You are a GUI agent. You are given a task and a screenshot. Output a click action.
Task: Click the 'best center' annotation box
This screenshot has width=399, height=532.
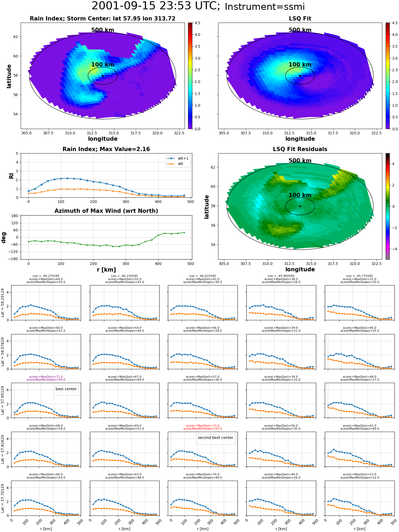point(66,390)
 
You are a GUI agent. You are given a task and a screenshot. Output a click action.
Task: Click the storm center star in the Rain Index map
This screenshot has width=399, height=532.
point(103,76)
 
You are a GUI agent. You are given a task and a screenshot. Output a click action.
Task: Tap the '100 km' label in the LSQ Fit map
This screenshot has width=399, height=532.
point(300,65)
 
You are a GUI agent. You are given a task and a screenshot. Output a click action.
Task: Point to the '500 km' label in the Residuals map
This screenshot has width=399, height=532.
point(300,161)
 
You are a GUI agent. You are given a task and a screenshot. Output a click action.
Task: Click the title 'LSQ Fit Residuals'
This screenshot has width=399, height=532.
point(300,149)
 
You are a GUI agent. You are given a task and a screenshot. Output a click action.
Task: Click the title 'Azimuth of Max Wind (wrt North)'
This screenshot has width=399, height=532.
point(106,211)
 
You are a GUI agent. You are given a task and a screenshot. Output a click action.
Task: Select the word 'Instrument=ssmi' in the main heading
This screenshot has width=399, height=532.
point(265,7)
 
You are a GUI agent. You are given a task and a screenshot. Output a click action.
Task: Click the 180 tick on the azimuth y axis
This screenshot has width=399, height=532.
point(15,216)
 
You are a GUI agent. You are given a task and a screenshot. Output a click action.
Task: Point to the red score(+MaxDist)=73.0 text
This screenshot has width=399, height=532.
point(203,426)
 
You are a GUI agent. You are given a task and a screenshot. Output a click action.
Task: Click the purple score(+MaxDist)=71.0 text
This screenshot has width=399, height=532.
point(46,377)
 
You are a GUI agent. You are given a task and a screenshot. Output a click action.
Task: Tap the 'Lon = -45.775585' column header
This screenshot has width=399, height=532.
point(360,276)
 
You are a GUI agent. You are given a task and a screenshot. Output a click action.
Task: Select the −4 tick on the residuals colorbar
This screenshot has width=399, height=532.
point(393,249)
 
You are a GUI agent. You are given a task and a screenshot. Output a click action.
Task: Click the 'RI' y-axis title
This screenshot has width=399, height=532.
point(11,176)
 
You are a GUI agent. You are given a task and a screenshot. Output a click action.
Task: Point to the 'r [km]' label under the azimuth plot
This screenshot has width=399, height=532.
point(106,270)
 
